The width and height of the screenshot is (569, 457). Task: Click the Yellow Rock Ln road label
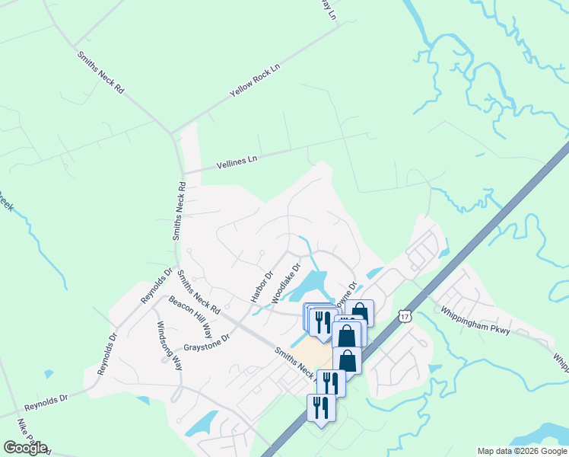point(255,80)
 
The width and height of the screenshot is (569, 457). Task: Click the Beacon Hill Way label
point(190,315)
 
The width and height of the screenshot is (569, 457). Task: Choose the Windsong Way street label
point(170,344)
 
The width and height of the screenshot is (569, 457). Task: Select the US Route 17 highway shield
point(404,315)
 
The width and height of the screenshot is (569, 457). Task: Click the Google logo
point(25,448)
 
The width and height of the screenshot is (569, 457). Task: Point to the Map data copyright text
point(522,451)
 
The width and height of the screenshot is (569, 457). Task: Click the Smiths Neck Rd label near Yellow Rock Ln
point(100,72)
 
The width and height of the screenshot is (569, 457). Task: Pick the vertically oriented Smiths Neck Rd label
point(179,212)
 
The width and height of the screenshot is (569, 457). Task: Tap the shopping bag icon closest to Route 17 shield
point(360,312)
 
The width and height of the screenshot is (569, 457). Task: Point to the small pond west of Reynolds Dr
point(49,374)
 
